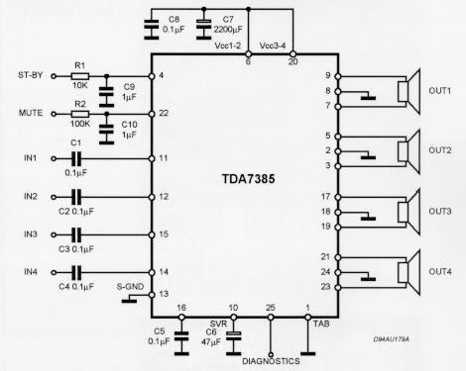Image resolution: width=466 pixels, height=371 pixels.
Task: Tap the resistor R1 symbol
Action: click(x=80, y=76)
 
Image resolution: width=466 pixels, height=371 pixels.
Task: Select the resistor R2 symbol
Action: click(x=80, y=114)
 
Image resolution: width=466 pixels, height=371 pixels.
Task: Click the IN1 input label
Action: click(x=30, y=157)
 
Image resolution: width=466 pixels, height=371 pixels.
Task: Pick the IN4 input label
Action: click(x=30, y=271)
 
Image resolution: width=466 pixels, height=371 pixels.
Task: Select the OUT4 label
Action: click(x=439, y=271)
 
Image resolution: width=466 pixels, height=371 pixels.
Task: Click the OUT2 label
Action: click(x=439, y=150)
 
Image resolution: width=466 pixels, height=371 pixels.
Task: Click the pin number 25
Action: click(x=272, y=310)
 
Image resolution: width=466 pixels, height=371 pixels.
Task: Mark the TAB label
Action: click(x=319, y=322)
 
